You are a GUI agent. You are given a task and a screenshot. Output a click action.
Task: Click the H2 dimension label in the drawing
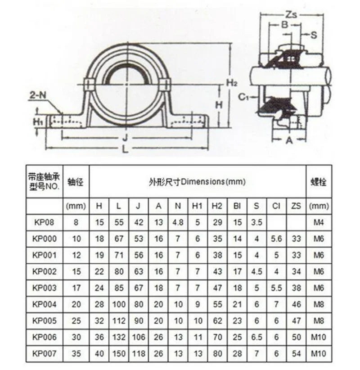coord(232,82)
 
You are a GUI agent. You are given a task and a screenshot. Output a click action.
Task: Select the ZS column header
coord(295,206)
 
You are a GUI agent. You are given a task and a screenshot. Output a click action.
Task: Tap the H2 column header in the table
coord(217,206)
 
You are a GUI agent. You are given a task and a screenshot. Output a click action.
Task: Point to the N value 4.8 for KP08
coord(177,221)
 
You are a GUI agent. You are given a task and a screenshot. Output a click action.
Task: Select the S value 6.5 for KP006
coord(256,338)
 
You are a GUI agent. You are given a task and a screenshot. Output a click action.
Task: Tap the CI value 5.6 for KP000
coord(276,238)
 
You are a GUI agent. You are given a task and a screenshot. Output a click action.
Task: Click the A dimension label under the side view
coord(289,140)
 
